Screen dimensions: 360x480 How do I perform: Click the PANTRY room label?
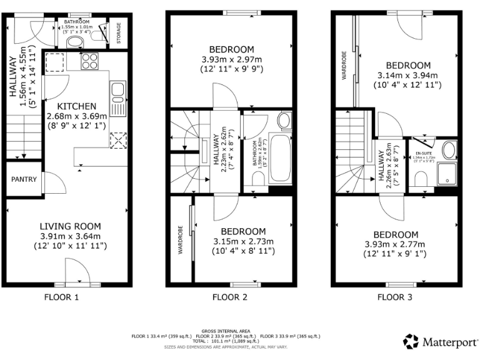point(24,179)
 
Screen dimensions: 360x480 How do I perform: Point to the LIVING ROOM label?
point(70,226)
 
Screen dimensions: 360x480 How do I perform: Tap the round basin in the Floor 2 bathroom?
point(284,121)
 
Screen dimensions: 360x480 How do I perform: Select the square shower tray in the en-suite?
point(447,175)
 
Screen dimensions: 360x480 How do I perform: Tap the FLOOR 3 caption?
point(395,297)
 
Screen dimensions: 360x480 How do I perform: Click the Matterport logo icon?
point(411,341)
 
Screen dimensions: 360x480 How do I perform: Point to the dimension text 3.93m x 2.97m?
point(231,60)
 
